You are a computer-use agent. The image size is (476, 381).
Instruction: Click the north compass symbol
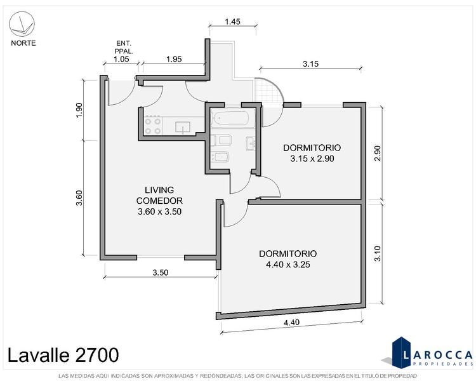pyautogui.click(x=22, y=23)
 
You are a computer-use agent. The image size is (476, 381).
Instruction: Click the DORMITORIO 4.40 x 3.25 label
pyautogui.click(x=288, y=259)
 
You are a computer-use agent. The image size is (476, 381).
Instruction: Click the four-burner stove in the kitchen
pyautogui.click(x=153, y=126)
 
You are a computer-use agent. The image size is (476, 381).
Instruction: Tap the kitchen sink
pyautogui.click(x=183, y=127)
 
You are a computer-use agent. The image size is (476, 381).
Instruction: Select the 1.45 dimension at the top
pyautogui.click(x=232, y=22)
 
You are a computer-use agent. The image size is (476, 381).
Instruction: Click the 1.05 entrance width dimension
pyautogui.click(x=121, y=59)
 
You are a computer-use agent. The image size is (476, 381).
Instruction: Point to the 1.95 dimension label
pyautogui.click(x=174, y=59)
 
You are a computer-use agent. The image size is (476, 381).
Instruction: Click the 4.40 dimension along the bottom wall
pyautogui.click(x=291, y=322)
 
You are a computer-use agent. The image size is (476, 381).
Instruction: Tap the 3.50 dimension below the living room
pyautogui.click(x=161, y=272)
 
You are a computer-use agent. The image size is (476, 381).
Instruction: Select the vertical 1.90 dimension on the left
pyautogui.click(x=79, y=110)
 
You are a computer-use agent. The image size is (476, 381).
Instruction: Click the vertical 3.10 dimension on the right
pyautogui.click(x=378, y=253)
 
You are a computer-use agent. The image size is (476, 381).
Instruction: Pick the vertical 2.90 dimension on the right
pyautogui.click(x=378, y=154)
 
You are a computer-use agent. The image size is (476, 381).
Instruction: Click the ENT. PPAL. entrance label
pyautogui.click(x=124, y=47)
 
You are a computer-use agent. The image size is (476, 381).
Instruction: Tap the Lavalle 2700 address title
pyautogui.click(x=63, y=355)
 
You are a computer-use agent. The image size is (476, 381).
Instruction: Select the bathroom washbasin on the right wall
pyautogui.click(x=251, y=144)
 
